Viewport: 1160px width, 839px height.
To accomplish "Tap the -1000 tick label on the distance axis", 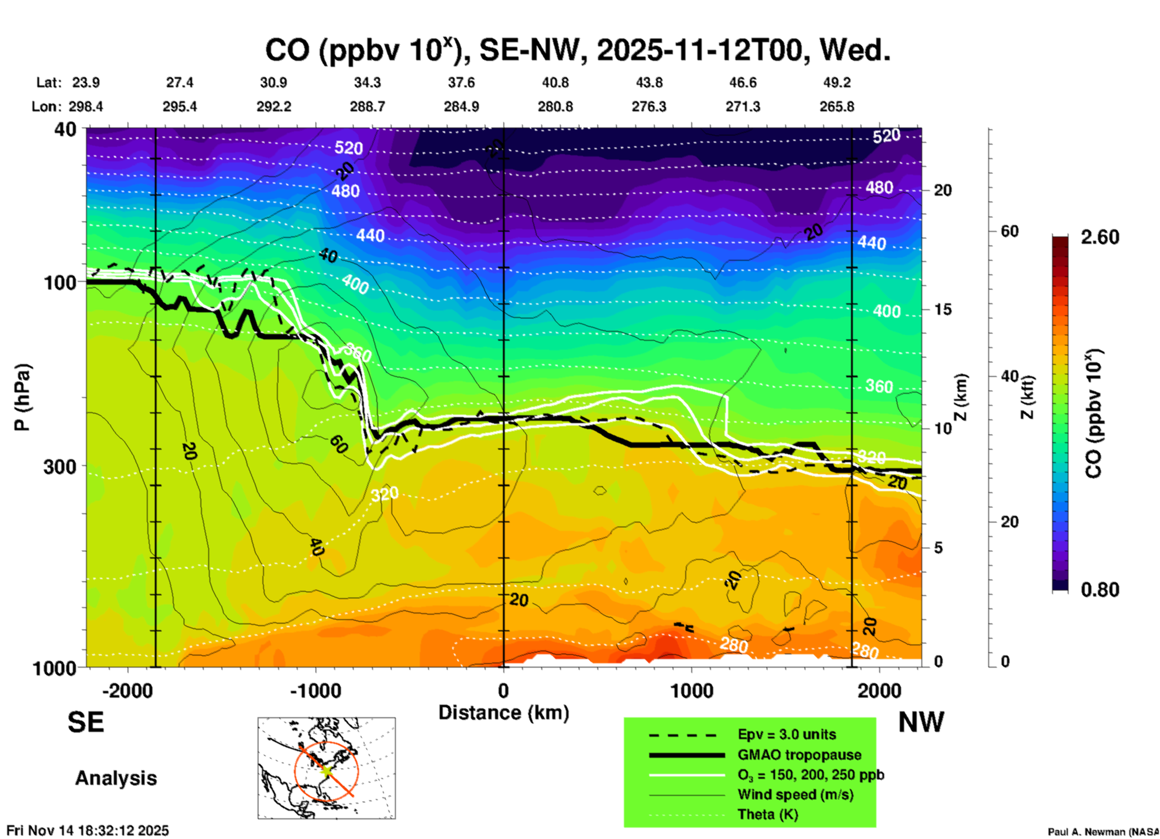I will point(315,690).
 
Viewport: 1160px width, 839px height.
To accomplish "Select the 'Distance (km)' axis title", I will point(504,713).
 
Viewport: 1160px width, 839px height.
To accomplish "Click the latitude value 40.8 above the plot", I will point(555,82).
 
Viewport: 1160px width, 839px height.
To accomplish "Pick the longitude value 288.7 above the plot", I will point(367,107).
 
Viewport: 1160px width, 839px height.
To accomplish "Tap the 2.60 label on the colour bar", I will point(1100,237).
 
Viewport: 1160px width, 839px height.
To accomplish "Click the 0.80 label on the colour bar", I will point(1100,589).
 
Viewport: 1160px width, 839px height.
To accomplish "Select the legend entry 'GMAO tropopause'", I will point(799,755).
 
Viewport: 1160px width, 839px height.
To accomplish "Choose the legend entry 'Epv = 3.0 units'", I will point(787,734).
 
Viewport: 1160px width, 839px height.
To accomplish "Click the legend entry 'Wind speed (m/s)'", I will point(795,794).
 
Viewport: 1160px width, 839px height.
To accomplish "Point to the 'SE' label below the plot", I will point(86,722).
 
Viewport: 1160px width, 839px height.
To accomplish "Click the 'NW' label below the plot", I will point(921,722).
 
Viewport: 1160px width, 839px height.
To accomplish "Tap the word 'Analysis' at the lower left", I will point(116,778).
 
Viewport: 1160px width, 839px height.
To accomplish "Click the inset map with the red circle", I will point(326,768).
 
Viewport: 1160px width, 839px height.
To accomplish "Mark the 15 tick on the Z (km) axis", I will point(943,309).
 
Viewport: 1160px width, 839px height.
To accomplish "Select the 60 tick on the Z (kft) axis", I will point(1009,231).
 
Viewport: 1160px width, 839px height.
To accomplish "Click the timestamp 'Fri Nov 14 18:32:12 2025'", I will point(88,831).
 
